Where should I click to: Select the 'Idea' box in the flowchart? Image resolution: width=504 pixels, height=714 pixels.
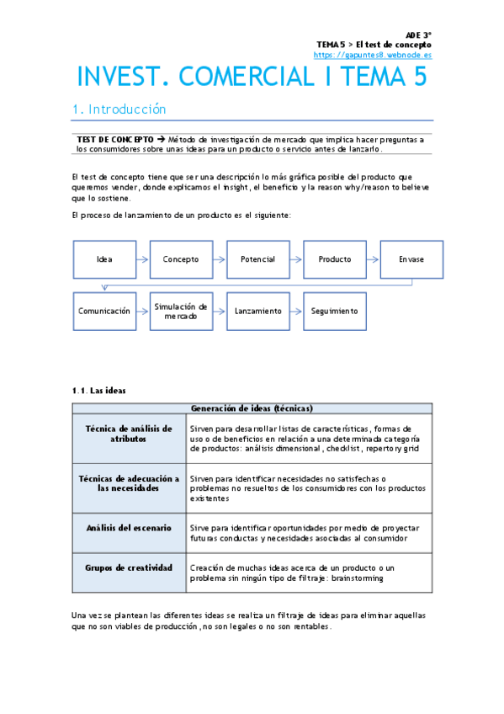(x=104, y=259)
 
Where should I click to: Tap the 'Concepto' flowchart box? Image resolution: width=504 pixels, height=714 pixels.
(x=181, y=259)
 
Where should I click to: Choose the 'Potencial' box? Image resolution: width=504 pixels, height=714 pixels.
(x=257, y=259)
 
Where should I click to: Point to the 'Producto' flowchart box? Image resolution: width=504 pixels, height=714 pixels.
(x=335, y=259)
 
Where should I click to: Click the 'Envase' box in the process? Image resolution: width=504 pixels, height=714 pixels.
(x=411, y=259)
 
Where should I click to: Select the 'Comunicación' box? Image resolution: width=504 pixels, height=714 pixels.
(x=104, y=311)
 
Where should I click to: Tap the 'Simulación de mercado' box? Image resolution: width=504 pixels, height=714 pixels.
(x=181, y=311)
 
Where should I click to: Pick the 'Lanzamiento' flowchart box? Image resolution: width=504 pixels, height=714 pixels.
(x=257, y=311)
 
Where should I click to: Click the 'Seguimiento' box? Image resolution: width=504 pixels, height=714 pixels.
(x=335, y=311)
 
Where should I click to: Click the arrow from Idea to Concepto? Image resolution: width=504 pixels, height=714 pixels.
(x=142, y=259)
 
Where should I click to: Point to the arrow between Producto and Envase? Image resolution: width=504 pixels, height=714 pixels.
(x=373, y=259)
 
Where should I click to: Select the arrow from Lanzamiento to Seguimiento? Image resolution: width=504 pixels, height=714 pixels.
(x=296, y=311)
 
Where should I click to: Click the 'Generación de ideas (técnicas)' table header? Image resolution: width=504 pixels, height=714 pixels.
(x=252, y=408)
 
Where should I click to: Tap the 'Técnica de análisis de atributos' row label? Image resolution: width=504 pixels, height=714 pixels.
(x=129, y=434)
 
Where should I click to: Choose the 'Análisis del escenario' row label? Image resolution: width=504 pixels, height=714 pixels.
(x=129, y=527)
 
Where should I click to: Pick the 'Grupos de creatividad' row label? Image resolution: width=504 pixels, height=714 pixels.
(x=129, y=567)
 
